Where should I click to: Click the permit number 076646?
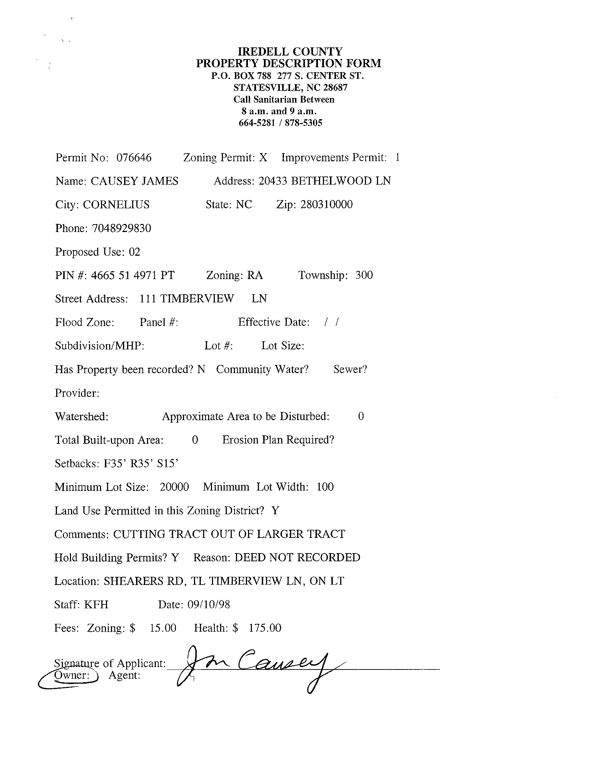[134, 157]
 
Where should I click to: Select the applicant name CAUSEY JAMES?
[134, 181]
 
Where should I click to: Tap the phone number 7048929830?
[121, 228]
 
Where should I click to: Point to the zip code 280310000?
[326, 204]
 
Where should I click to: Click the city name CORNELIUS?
[116, 204]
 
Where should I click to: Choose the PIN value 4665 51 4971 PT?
[132, 276]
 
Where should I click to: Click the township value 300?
[364, 275]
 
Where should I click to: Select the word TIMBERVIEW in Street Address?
[197, 298]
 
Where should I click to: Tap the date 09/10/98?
[208, 604]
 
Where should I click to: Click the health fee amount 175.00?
[265, 628]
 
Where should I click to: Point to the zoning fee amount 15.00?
[163, 628]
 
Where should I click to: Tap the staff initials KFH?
[96, 604]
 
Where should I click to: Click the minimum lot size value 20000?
[174, 487]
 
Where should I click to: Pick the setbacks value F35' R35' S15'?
[140, 463]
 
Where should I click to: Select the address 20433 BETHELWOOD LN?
[324, 181]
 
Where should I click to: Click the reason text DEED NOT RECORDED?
[297, 557]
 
